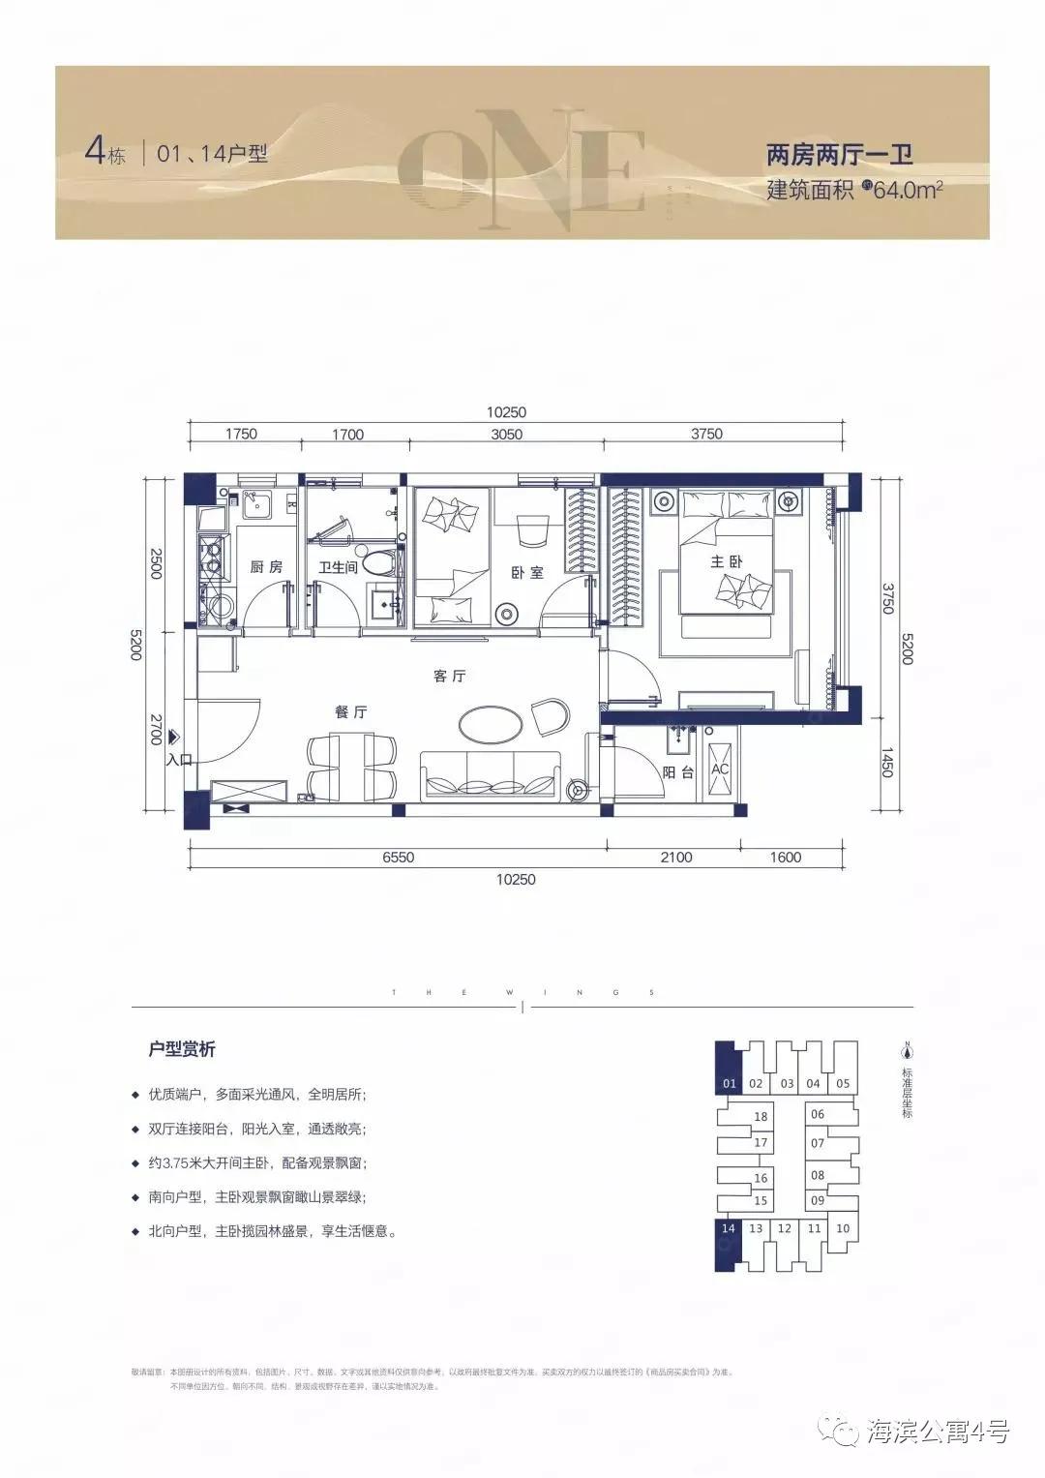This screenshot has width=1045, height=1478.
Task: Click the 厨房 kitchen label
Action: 266,566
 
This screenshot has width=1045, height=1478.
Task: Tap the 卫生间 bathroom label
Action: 338,567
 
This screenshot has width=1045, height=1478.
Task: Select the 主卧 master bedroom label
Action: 727,561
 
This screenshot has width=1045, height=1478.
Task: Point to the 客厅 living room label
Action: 449,676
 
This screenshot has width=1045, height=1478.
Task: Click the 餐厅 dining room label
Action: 350,711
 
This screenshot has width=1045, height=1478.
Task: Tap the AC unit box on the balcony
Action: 720,770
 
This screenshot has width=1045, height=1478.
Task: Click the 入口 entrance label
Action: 179,760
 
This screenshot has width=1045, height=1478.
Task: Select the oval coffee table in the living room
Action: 491,722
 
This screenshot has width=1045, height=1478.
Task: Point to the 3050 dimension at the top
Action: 506,435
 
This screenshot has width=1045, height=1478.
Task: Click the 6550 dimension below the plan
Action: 398,857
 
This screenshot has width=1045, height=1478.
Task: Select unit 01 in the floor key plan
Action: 729,1084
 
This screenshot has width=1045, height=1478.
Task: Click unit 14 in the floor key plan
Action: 729,1229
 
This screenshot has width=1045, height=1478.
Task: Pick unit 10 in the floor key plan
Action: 842,1229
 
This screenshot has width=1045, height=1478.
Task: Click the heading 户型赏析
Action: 182,1049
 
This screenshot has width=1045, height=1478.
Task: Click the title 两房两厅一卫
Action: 839,155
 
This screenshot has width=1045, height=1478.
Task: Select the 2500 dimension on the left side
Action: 156,563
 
